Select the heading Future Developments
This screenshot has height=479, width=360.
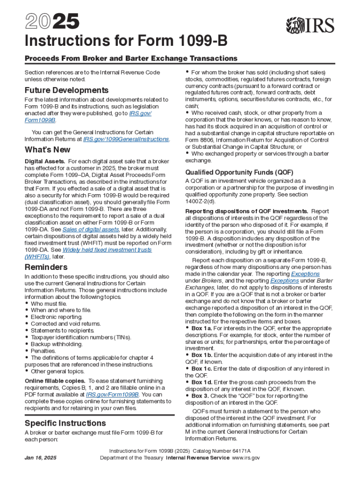(66, 90)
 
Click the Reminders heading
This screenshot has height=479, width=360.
(46, 267)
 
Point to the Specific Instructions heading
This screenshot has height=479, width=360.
(65, 423)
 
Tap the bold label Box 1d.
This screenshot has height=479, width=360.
(203, 382)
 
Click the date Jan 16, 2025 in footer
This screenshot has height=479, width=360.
(41, 457)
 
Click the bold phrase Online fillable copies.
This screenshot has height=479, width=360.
(55, 381)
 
